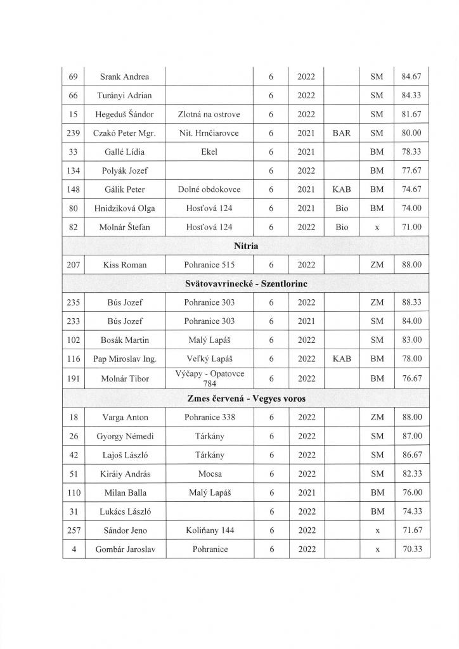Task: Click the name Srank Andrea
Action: coord(125,77)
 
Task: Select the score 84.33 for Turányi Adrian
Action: coord(411,96)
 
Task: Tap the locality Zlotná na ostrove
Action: coord(209,115)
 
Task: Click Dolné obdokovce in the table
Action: coord(209,190)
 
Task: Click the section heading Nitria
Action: coord(245,245)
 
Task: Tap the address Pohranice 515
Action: coord(209,264)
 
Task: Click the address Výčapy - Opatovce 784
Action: coord(209,377)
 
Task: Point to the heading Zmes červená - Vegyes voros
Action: coord(245,397)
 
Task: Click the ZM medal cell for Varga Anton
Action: coord(377,417)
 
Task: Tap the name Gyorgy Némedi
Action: coord(125,436)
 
